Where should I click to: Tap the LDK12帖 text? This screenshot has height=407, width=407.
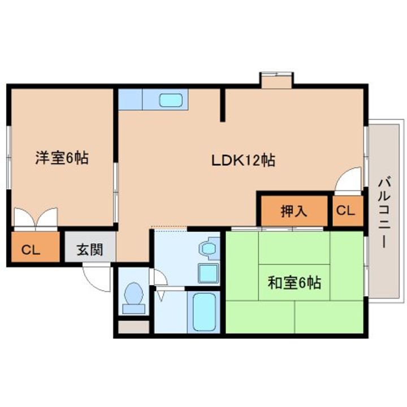coord(243,161)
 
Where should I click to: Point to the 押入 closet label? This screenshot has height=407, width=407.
coord(294,211)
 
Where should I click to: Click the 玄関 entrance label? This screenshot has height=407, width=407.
coord(89,250)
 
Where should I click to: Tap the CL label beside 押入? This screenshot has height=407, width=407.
coord(345,211)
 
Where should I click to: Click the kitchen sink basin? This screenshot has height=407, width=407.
coord(170,101)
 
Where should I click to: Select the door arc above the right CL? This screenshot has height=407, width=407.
coord(347,180)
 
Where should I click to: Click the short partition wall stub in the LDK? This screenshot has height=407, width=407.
coord(223,105)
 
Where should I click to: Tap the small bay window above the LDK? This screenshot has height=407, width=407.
coord(276,80)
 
